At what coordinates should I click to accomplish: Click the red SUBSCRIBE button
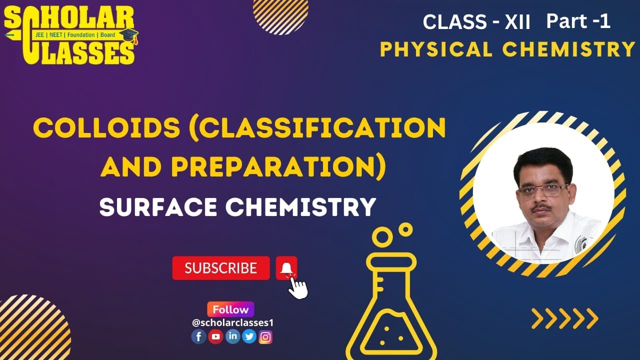[220, 268]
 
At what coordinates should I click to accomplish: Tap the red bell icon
[286, 268]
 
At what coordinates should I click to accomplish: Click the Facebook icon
[198, 337]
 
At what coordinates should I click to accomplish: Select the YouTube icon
[215, 337]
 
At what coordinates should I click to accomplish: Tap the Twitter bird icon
[249, 337]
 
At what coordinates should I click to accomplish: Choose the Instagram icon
[266, 337]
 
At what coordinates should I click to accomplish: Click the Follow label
[230, 309]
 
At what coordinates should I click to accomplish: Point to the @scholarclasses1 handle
[232, 323]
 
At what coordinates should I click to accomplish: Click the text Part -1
[578, 21]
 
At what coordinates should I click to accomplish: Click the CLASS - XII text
[476, 22]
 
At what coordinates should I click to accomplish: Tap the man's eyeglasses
[543, 190]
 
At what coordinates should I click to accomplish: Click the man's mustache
[542, 206]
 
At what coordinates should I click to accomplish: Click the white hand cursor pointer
[298, 287]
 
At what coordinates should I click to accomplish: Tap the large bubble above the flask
[383, 236]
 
